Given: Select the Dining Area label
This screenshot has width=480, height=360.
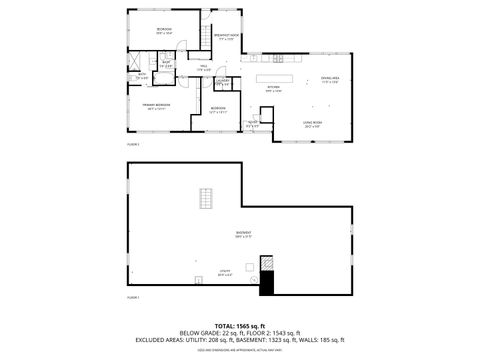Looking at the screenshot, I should click(330, 78).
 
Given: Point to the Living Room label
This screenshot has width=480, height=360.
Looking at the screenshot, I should click(311, 122).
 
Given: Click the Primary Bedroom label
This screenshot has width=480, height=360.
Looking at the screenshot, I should click(154, 104).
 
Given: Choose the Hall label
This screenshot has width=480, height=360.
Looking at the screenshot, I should click(203, 67).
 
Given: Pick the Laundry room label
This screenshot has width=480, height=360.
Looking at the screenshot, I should click(224, 81).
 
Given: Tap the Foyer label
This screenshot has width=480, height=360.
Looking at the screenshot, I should click(253, 123).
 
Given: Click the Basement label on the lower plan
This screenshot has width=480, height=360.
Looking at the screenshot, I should click(243, 234).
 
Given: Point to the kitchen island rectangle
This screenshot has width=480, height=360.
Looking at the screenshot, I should click(277, 77).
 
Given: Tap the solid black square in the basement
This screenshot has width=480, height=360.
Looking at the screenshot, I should click(267, 284).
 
